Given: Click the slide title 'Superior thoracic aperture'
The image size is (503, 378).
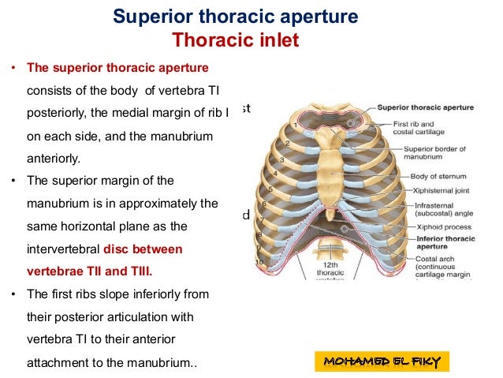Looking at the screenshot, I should click(236, 16).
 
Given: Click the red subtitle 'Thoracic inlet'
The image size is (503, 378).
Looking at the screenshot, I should click(236, 40).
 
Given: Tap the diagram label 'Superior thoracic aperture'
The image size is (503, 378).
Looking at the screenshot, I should click(425, 107).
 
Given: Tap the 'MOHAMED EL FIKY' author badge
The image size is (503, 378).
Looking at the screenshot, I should click(382, 361).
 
